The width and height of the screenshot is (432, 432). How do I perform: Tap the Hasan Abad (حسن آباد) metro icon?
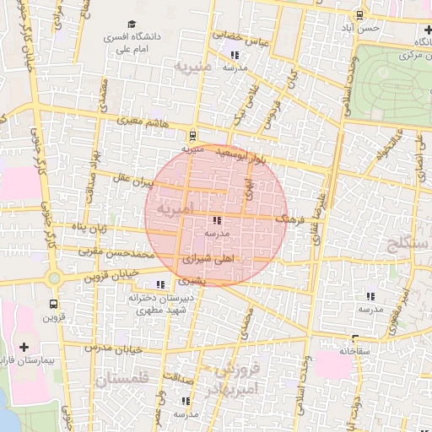(360, 14)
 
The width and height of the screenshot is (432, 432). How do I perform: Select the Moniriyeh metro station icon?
(193, 135)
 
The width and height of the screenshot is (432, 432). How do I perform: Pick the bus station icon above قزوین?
(54, 303)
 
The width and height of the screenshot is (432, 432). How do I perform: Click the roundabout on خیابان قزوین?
(55, 278)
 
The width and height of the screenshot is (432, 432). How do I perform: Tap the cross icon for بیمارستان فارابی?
(23, 347)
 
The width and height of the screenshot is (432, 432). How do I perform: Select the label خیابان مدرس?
(109, 348)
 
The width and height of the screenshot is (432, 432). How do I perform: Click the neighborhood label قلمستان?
(121, 380)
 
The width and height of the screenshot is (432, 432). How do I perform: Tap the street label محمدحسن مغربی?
(114, 251)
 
